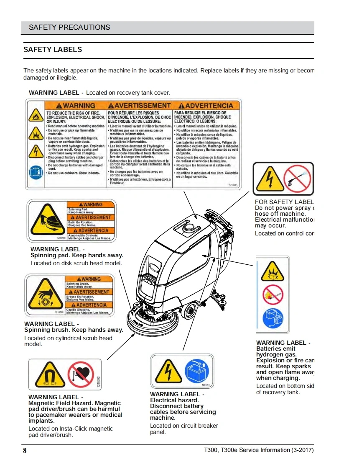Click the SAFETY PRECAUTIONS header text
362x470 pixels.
coord(69,28)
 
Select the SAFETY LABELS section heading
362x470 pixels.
coord(53,49)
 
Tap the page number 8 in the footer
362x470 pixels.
coord(25,451)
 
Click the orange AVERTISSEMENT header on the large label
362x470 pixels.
coord(140,106)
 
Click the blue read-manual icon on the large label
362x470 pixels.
coord(36,172)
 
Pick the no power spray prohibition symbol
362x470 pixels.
coord(297,179)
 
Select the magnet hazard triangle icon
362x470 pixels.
coord(47,374)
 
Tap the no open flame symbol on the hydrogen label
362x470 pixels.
coord(273,294)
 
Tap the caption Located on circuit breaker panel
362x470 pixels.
coord(184,429)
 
